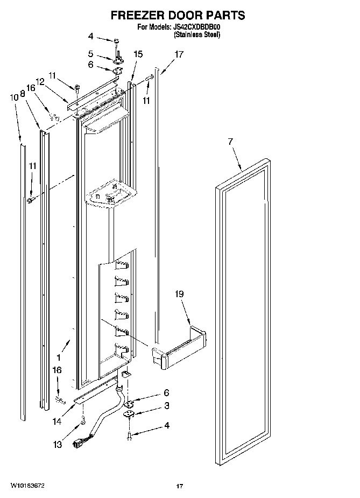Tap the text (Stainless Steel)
(196, 34)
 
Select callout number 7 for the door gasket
(230, 142)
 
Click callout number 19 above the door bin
(179, 294)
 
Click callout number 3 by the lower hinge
(167, 405)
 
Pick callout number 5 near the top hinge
(91, 54)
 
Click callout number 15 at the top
(138, 54)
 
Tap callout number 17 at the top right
(179, 54)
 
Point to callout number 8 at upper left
(23, 93)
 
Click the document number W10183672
(26, 486)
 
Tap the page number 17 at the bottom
(180, 486)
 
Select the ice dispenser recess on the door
(111, 194)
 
